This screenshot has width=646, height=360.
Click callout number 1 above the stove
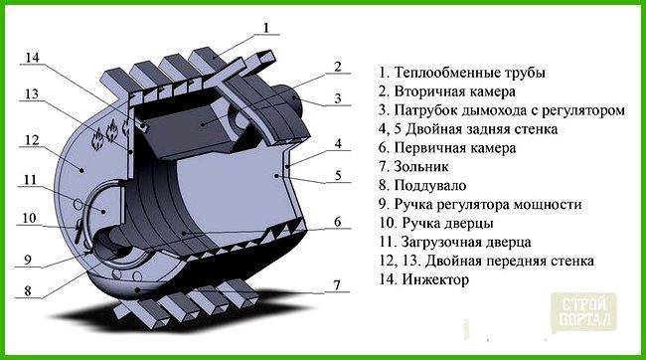[266, 28]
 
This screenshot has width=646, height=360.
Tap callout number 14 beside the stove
[32, 57]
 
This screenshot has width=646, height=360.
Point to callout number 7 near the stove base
[337, 285]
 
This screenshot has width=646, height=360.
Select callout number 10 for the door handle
[29, 218]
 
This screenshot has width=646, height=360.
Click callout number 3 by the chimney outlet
[338, 98]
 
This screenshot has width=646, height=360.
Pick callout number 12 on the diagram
[32, 140]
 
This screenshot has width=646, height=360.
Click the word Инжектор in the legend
[435, 280]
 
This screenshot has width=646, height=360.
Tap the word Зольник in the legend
[421, 167]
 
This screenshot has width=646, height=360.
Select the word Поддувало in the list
[430, 186]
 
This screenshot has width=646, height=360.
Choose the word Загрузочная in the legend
[438, 243]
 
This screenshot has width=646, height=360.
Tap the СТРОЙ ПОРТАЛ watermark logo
[583, 312]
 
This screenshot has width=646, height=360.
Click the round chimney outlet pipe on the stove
[291, 100]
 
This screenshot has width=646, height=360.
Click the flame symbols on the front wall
[110, 134]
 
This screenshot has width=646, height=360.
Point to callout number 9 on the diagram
[27, 259]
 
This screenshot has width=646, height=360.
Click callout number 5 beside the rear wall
[338, 175]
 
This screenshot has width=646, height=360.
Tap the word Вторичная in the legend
[427, 91]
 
